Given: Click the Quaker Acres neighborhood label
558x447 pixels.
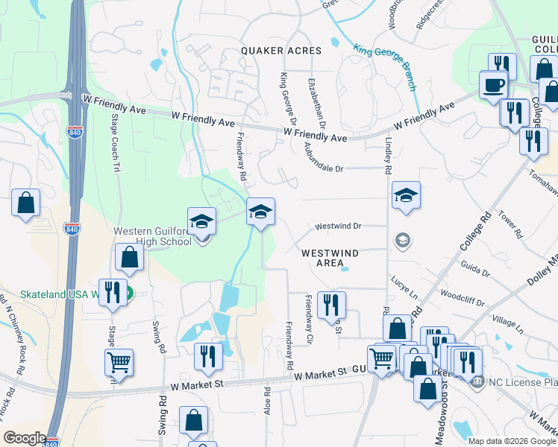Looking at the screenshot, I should [281, 51].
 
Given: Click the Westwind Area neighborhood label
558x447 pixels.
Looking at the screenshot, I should [330, 258].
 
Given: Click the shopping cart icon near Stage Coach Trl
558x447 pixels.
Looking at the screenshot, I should [119, 363].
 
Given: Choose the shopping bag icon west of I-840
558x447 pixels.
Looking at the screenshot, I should [26, 203].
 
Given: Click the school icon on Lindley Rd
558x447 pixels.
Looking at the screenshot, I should [407, 196].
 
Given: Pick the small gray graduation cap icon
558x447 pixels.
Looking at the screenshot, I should [402, 241].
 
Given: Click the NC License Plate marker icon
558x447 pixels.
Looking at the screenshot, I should [477, 381].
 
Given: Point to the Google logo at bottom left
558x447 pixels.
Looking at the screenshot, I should [25, 438].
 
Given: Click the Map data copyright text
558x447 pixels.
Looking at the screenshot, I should [511, 441].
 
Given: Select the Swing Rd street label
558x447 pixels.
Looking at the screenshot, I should [157, 332].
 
